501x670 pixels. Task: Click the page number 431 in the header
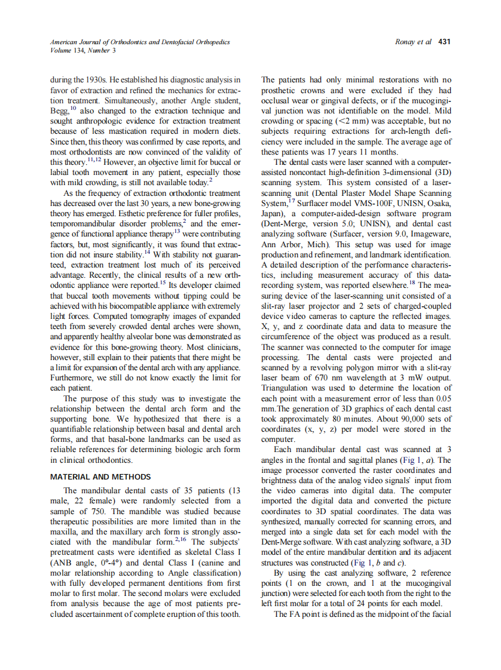point(444,42)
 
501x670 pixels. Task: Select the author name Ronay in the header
point(407,42)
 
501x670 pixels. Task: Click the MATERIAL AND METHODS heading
point(100,477)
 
